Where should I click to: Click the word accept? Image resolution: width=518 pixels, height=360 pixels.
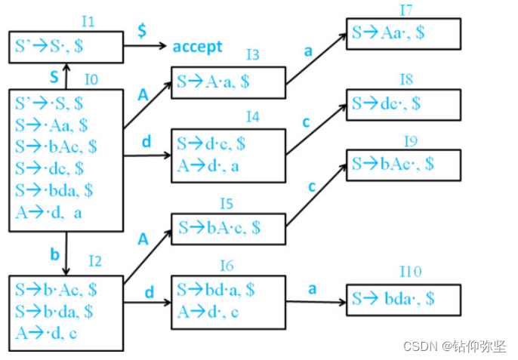pos(197,47)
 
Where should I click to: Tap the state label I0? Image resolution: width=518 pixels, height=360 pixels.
pos(91,79)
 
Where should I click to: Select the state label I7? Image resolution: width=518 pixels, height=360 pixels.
pos(406,10)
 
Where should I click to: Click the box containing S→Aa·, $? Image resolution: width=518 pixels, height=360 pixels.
pos(403,33)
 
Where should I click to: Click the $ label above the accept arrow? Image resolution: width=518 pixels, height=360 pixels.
pos(141,31)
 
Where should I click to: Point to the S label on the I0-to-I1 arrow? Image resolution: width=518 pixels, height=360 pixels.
pos(54,77)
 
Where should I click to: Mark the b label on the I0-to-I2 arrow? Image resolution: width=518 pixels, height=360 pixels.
pos(54,254)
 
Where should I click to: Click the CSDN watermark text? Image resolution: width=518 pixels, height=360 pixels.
pos(454,346)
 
